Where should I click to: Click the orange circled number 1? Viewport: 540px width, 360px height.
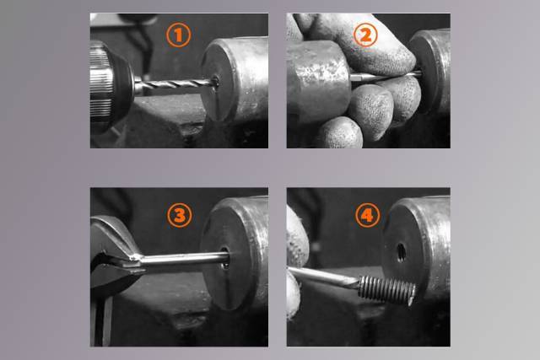(x=178, y=35)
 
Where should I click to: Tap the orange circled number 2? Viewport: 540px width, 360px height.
(x=365, y=35)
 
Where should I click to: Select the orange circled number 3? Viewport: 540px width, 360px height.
(x=180, y=216)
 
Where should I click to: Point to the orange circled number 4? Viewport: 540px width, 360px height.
(x=368, y=216)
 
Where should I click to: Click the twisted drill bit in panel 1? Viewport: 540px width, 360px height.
(x=175, y=84)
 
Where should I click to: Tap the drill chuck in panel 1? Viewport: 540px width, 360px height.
(x=111, y=87)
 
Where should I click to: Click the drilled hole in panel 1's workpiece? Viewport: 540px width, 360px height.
(x=216, y=83)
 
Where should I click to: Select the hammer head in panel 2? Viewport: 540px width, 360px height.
(x=318, y=80)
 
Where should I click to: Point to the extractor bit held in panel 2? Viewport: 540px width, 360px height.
(x=385, y=76)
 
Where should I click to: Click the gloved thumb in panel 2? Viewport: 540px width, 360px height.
(x=365, y=45)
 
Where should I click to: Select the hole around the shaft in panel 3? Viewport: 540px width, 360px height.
(x=225, y=257)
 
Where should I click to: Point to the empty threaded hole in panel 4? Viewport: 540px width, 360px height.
(x=401, y=252)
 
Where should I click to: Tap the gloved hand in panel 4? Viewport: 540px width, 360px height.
(x=295, y=261)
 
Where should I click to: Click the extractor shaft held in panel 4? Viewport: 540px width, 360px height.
(x=324, y=277)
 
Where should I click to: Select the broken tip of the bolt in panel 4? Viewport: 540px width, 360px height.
(x=412, y=295)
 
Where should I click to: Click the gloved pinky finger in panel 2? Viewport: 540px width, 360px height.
(x=341, y=133)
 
